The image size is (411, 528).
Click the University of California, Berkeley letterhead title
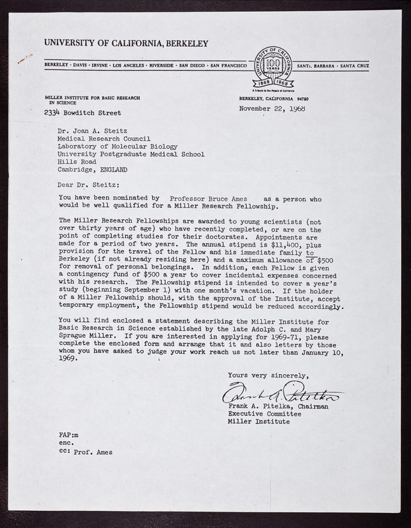126,44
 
